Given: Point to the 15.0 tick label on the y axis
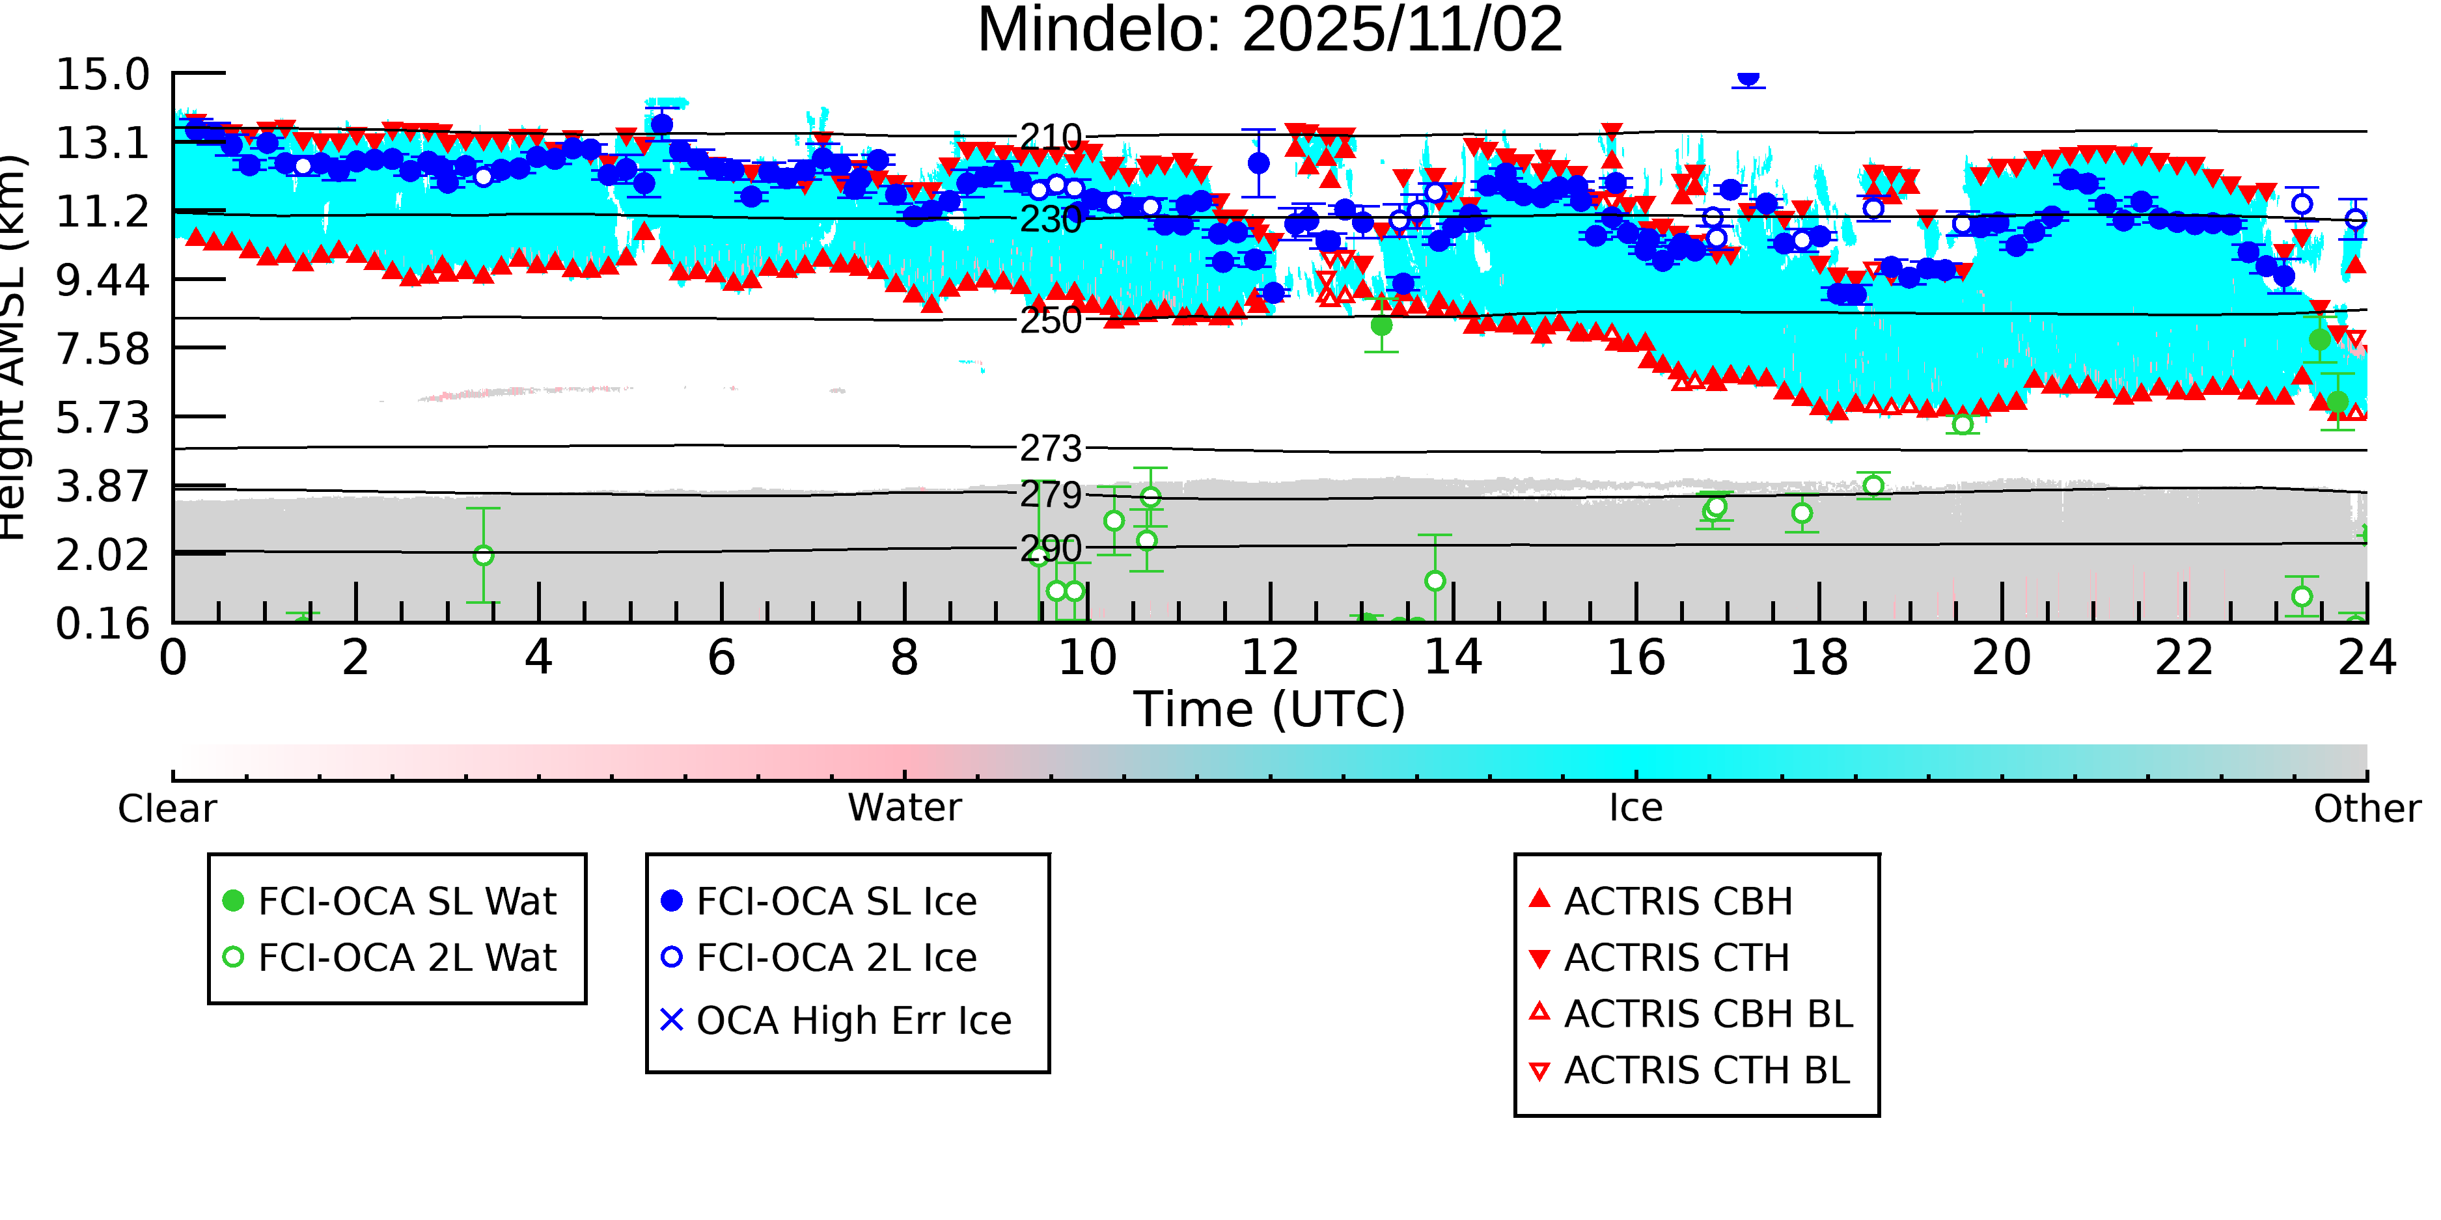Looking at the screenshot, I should pos(102,75).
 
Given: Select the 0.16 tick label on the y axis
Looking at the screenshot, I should pos(102,624).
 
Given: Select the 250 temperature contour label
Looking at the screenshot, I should pos(1050,320).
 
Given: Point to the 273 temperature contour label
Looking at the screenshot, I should pos(1050,448).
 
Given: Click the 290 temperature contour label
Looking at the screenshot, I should pos(1050,549).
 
